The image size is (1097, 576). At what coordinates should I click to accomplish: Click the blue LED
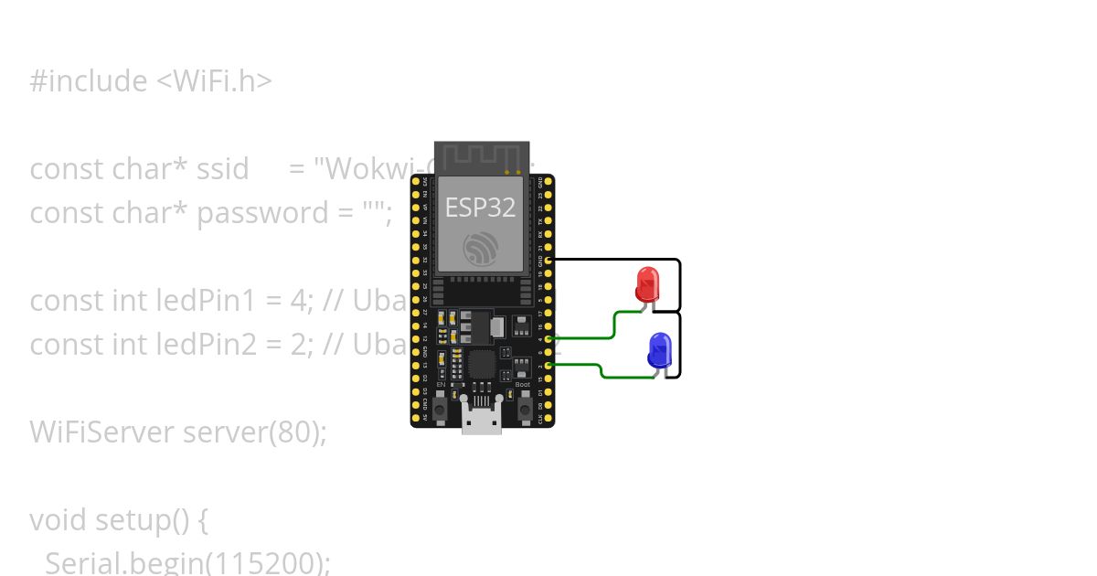659,350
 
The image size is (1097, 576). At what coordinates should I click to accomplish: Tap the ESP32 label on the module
480,208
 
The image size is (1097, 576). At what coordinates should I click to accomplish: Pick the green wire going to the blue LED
601,369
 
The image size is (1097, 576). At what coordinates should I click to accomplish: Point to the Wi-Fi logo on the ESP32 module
480,249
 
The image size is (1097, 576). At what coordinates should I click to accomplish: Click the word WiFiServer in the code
101,432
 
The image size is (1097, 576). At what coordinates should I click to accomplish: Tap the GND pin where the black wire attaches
548,260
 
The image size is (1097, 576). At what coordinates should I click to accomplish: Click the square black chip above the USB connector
482,364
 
